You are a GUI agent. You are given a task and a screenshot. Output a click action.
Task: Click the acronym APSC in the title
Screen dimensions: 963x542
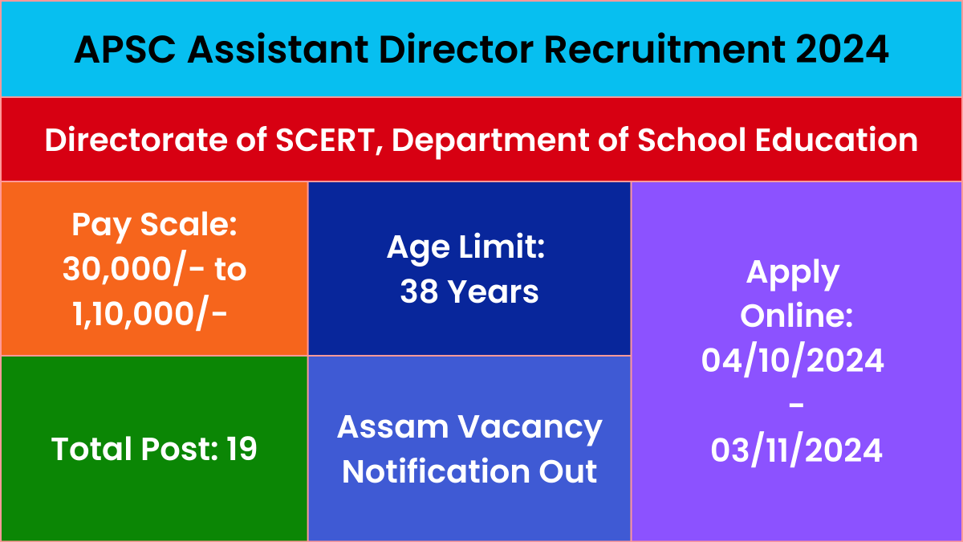[125, 50]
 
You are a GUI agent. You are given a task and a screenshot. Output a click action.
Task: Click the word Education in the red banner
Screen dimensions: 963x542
[836, 140]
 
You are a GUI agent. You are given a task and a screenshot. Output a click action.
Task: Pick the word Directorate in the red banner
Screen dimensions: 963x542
[136, 140]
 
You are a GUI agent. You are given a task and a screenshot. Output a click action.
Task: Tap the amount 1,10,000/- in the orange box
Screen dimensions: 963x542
[149, 315]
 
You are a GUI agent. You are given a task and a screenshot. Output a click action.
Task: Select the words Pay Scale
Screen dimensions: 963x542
[154, 226]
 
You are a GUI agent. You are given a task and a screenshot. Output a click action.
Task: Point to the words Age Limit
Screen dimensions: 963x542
[465, 248]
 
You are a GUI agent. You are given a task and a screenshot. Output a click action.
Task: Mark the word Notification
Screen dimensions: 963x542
[436, 471]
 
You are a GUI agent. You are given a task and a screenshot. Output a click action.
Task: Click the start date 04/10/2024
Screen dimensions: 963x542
[792, 361]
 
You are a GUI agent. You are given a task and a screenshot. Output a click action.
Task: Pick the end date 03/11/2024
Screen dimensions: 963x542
[796, 450]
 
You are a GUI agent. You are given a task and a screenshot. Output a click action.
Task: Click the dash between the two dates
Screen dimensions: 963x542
[797, 405]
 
